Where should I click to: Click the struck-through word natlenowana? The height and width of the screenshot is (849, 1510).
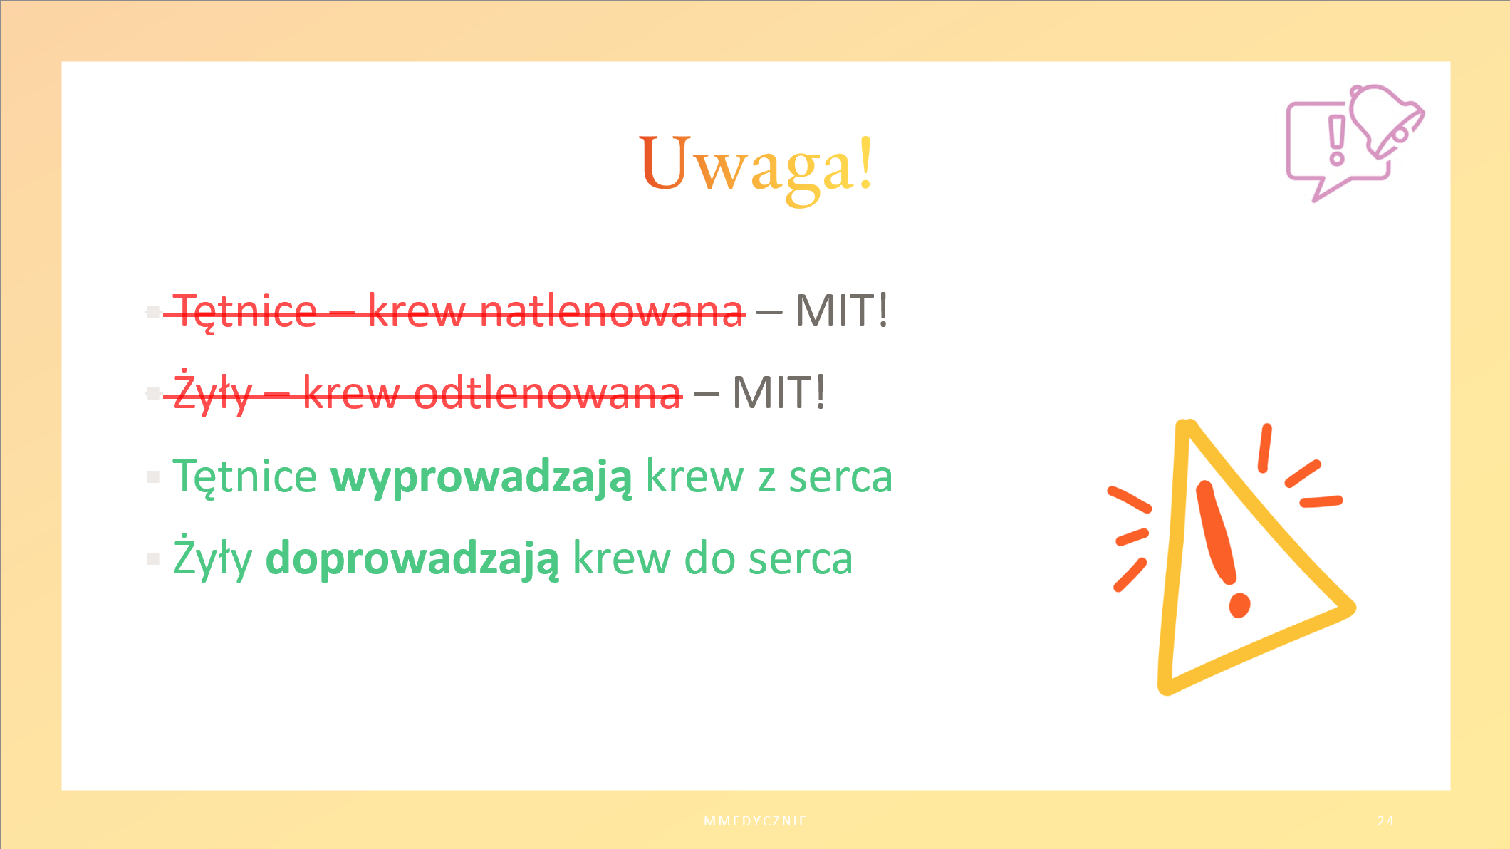tap(612, 311)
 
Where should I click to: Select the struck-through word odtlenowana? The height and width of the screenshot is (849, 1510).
tap(547, 393)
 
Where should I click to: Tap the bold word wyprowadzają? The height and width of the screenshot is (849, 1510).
tap(481, 476)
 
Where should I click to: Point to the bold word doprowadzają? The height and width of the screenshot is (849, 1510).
tap(412, 558)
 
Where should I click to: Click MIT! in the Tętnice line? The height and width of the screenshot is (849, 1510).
tap(842, 311)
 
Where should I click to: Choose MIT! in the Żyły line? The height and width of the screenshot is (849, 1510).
tap(779, 392)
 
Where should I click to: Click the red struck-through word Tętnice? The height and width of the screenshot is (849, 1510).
tap(245, 312)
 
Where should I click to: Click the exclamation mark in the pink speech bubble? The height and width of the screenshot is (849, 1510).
tap(1337, 141)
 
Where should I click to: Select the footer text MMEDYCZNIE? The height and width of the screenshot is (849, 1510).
tap(755, 821)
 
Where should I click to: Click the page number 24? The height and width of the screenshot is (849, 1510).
tap(1385, 821)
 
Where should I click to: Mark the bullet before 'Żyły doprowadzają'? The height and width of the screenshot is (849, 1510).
tap(153, 558)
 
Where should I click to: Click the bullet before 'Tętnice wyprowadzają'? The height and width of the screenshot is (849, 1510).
tap(153, 476)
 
